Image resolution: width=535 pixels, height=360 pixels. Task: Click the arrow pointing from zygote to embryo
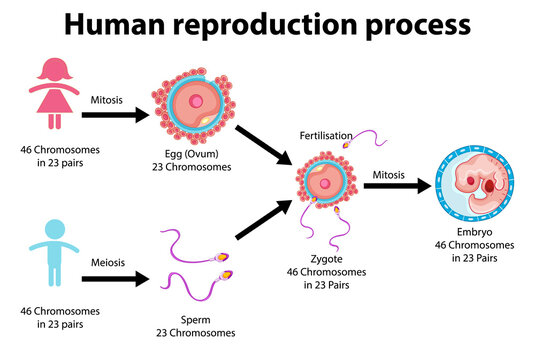pyautogui.click(x=394, y=186)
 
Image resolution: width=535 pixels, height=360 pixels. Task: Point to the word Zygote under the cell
pyautogui.click(x=324, y=257)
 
